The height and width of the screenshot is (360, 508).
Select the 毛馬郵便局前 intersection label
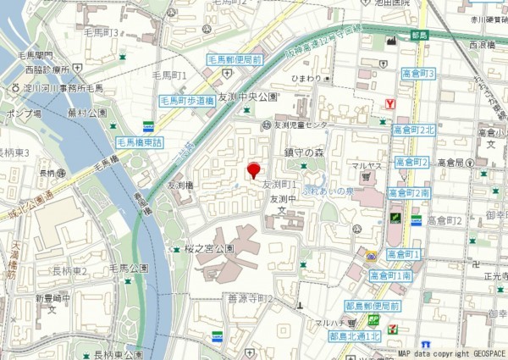pos(235,60)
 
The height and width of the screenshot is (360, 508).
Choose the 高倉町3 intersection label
pos(418,75)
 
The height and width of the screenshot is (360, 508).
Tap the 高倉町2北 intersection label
pos(413,130)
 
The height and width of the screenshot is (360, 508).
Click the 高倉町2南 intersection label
pos(410,194)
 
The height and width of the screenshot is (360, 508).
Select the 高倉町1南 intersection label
pos(390,275)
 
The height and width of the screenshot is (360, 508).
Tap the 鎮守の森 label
pos(305,152)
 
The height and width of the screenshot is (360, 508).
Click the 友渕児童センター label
pos(299,125)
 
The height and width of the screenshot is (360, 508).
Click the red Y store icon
pos(389,103)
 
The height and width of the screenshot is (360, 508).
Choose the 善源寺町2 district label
pos(251,299)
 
